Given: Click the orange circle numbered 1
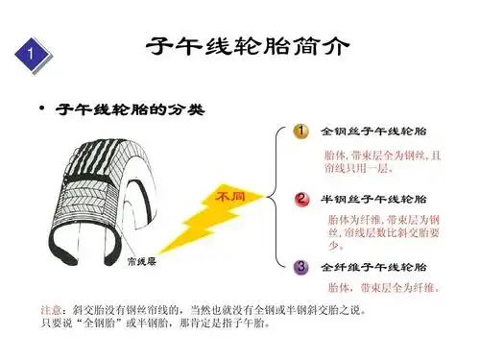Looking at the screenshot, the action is [300, 131].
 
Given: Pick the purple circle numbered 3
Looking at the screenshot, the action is [300, 266].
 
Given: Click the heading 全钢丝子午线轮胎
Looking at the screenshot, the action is [374, 131].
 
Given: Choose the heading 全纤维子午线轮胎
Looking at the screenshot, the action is [374, 266].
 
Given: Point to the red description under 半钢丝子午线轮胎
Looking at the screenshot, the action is [377, 231].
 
